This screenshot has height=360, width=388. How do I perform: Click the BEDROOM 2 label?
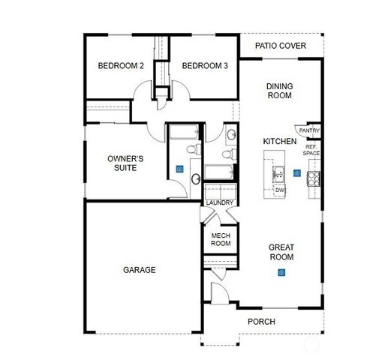pos(120,66)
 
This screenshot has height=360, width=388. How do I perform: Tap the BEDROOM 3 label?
pos(205,66)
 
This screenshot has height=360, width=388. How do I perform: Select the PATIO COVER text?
pos(280,46)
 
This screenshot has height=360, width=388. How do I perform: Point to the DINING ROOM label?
pos(279,91)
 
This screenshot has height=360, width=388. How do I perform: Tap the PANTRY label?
pos(309,131)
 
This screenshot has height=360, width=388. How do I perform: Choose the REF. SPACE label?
pos(311,150)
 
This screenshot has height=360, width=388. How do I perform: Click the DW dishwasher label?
pos(280,190)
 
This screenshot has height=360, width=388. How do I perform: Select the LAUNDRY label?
pos(219,202)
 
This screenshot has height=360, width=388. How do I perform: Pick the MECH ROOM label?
pos(220,239)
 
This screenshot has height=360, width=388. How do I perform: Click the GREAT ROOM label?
pos(281,252)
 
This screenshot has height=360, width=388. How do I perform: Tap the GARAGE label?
pos(140,270)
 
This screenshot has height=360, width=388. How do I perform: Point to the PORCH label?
pos(261,322)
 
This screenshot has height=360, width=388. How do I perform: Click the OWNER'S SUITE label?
pos(125,163)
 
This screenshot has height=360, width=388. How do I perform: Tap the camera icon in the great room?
pos(281,272)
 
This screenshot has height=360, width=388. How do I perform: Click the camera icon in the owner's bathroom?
pos(179,169)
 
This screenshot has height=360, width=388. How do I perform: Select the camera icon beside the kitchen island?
pos(297,174)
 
